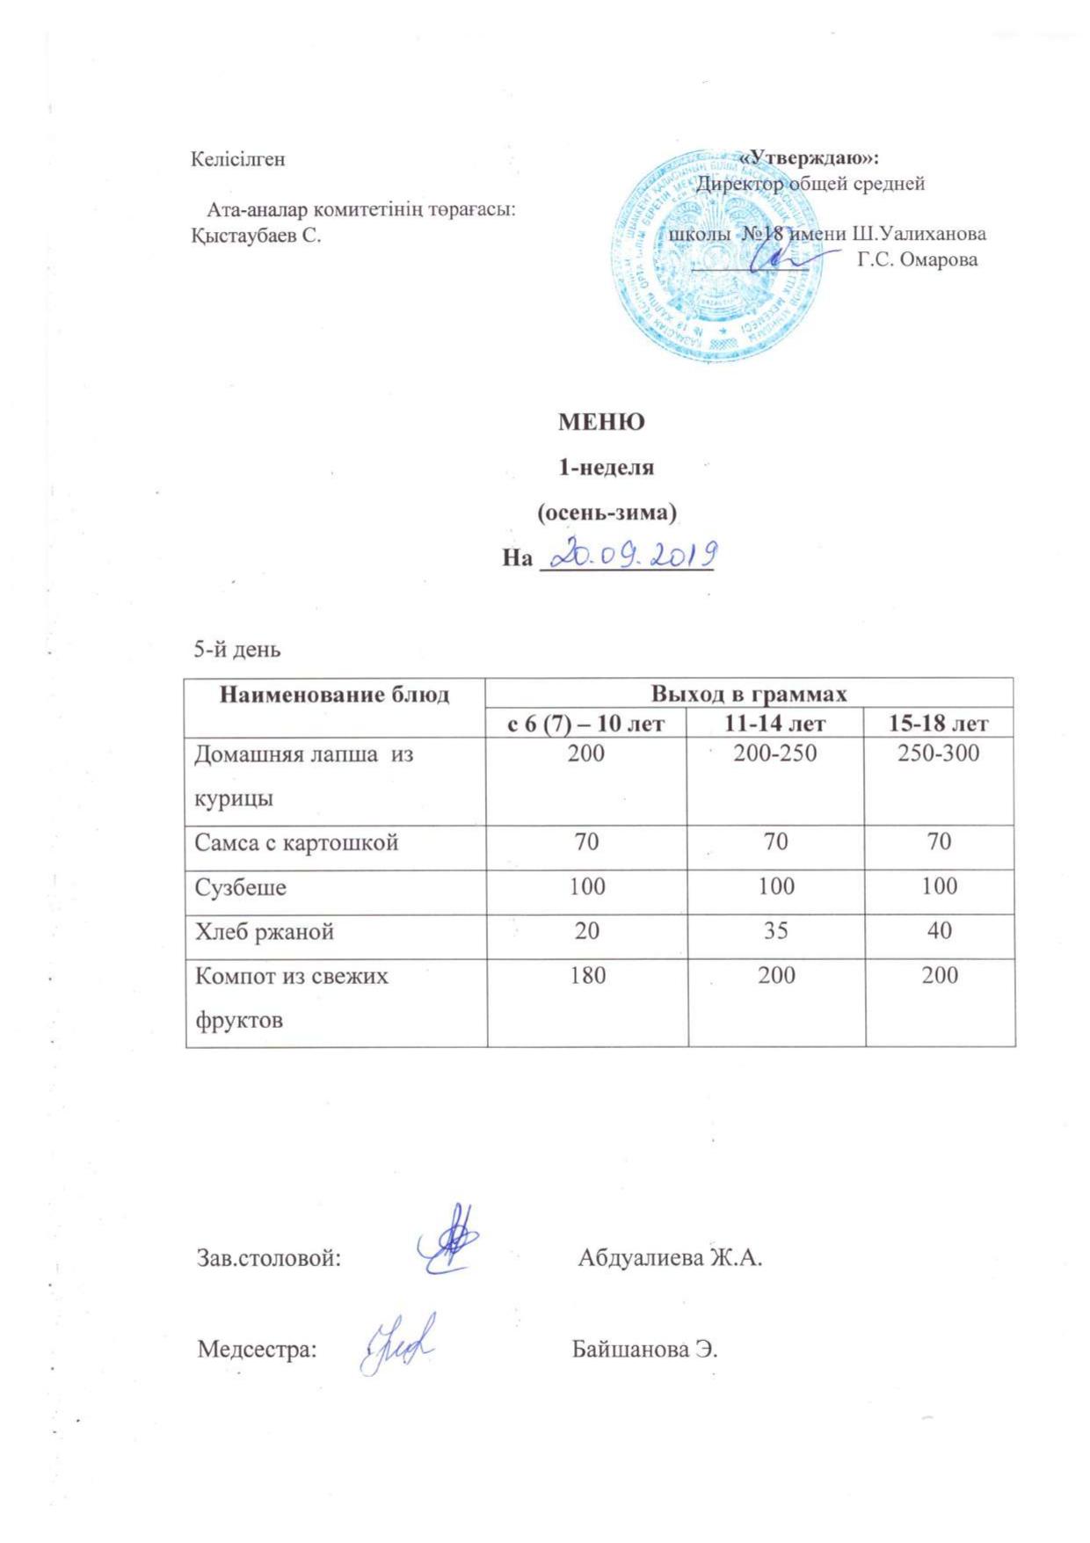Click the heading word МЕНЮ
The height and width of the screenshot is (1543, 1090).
(601, 422)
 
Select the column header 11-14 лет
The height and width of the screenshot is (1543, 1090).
(775, 724)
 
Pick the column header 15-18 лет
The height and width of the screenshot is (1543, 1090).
(939, 724)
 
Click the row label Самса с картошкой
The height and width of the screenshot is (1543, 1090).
(296, 842)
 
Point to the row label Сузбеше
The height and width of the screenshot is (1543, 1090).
(240, 886)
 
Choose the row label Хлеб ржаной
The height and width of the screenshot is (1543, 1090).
(264, 931)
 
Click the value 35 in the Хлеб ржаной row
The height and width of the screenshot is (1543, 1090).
(775, 930)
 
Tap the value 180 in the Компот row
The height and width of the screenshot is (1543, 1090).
(586, 975)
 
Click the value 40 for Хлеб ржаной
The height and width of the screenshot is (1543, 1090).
(939, 930)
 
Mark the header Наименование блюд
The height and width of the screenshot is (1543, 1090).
(334, 695)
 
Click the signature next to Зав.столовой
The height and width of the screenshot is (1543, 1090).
(447, 1240)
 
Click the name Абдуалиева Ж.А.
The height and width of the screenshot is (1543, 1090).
(669, 1257)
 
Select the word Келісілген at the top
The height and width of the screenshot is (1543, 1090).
(238, 159)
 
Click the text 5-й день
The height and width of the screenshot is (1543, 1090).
(237, 650)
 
